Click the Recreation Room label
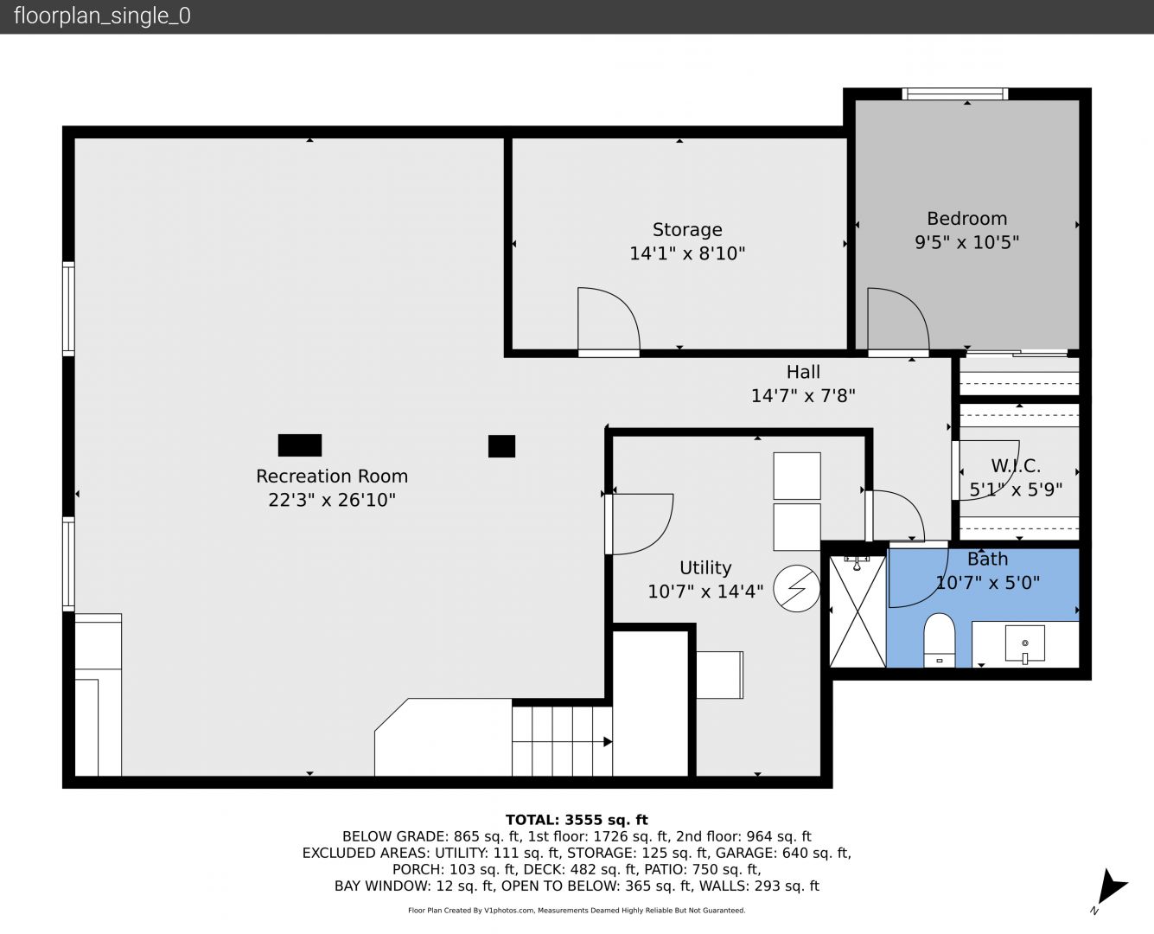pyautogui.click(x=332, y=476)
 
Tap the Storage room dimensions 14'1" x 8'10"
pyautogui.click(x=687, y=253)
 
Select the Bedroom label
pyautogui.click(x=967, y=219)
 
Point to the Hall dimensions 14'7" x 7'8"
pyautogui.click(x=803, y=396)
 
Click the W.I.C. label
pyautogui.click(x=1016, y=465)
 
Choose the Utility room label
pyautogui.click(x=705, y=567)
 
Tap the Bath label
pyautogui.click(x=988, y=559)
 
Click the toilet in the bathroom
pyautogui.click(x=939, y=640)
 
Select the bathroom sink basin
pyautogui.click(x=1024, y=644)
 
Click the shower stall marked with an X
pyautogui.click(x=858, y=611)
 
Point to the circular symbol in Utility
pyautogui.click(x=796, y=589)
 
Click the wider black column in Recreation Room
pyautogui.click(x=300, y=445)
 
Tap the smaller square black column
pyautogui.click(x=501, y=446)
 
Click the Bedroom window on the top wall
pyautogui.click(x=955, y=93)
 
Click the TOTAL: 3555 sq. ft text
pyautogui.click(x=577, y=820)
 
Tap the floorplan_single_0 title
pyautogui.click(x=102, y=16)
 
